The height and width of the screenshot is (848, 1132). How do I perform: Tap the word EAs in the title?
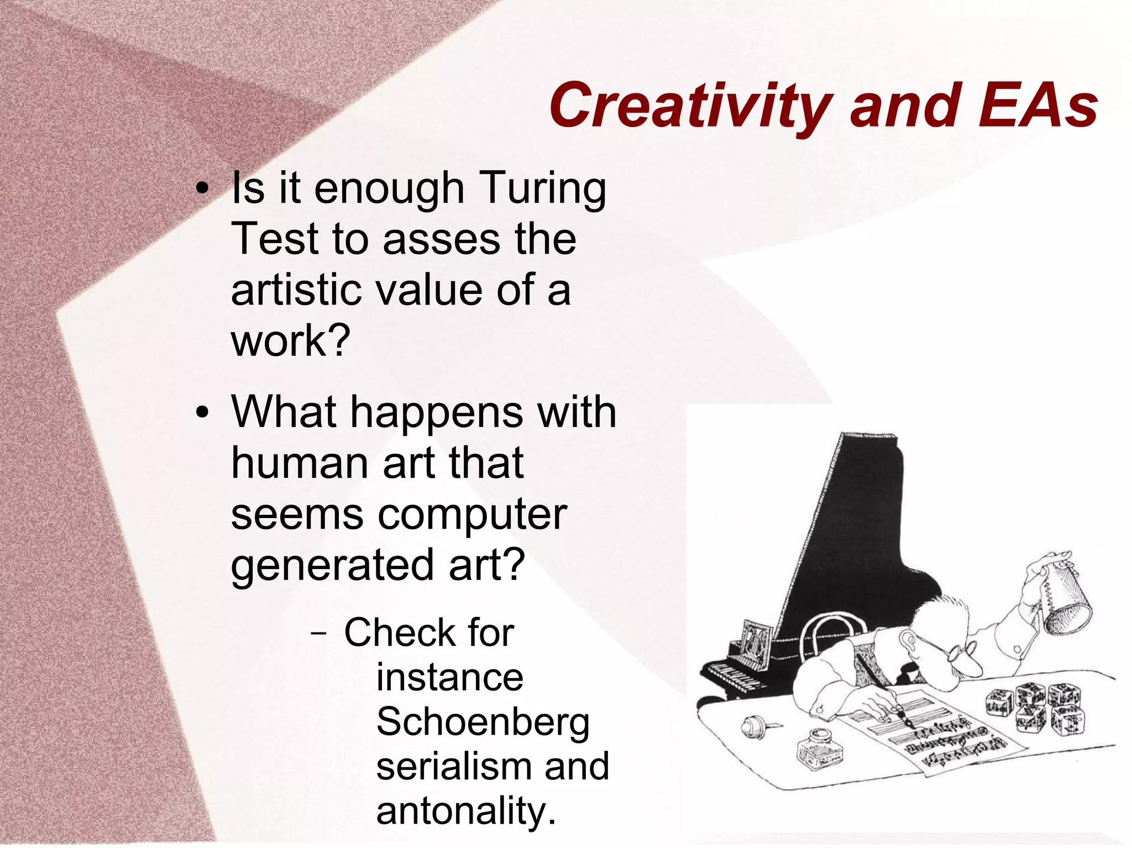click(x=1037, y=105)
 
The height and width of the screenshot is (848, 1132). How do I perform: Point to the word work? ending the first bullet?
click(x=291, y=341)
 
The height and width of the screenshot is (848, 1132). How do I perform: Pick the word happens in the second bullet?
click(x=436, y=413)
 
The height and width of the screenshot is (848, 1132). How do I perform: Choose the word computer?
click(x=472, y=515)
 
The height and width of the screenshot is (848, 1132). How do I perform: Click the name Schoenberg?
click(x=483, y=723)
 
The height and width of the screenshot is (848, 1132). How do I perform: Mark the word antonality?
click(x=465, y=811)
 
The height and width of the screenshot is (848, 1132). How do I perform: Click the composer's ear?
click(x=907, y=641)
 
